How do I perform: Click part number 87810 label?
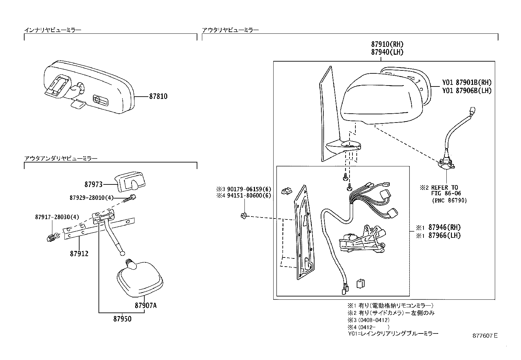(158, 97)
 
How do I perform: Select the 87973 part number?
(93, 184)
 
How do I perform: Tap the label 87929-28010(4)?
(91, 198)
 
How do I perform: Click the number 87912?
(79, 254)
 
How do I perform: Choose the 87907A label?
(145, 306)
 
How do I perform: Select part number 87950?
(122, 319)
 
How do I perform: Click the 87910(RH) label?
(387, 44)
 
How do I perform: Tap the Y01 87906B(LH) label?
(467, 91)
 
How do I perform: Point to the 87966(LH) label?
(444, 236)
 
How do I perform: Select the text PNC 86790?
(449, 200)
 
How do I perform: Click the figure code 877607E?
(485, 336)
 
